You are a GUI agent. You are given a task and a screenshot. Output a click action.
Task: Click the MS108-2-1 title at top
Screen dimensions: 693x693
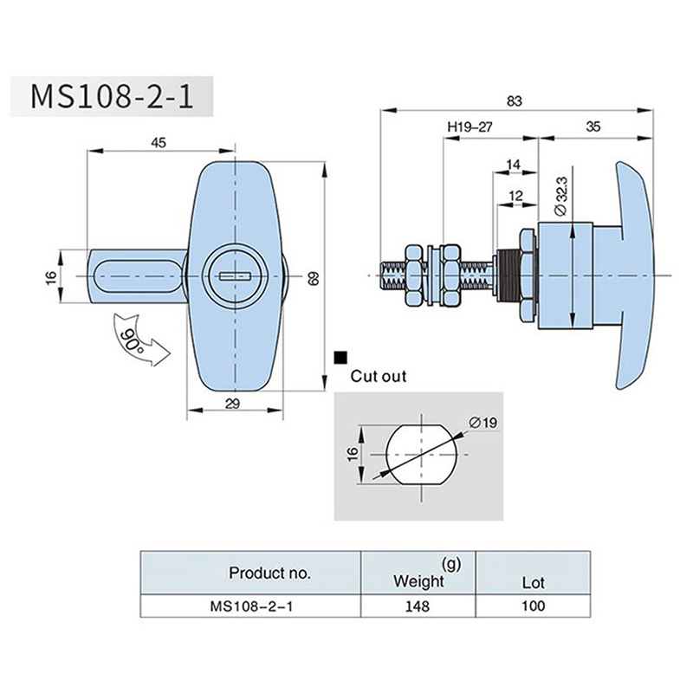tap(111, 96)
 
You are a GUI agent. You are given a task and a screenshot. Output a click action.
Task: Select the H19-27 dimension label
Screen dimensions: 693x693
tap(470, 126)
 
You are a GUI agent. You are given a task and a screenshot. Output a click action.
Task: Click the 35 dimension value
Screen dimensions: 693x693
tap(593, 126)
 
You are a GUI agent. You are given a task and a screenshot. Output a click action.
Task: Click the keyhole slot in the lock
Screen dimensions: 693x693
tap(235, 275)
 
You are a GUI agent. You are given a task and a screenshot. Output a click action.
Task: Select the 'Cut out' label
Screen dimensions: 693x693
tap(378, 377)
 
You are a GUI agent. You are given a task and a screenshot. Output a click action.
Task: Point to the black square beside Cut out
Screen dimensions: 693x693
tap(340, 356)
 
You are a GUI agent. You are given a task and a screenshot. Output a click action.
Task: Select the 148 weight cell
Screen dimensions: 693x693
tap(418, 606)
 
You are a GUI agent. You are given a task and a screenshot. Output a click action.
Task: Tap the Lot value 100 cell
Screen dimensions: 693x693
tap(533, 606)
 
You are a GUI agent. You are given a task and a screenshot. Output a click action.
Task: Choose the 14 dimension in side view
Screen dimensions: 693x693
tap(513, 164)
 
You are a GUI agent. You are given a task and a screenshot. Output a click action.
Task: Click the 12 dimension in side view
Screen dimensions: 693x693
tap(516, 197)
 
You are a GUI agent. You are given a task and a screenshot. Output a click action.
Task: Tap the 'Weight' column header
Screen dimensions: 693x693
tap(418, 580)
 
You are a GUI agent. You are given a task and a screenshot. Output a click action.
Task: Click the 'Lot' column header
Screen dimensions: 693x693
tap(533, 583)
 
